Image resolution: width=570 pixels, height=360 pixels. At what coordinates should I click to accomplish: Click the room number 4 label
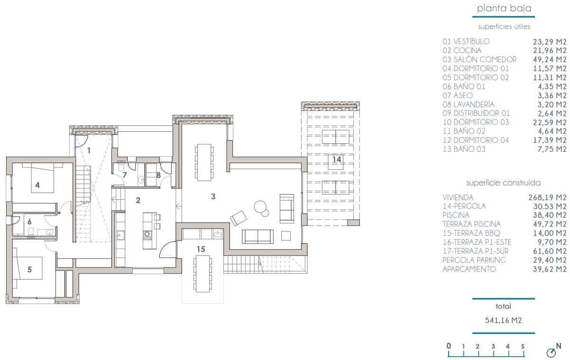coord(37,185)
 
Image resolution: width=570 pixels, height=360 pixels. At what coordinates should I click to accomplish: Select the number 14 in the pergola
coord(336,159)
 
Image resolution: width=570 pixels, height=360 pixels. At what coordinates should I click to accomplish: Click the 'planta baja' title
coord(504,8)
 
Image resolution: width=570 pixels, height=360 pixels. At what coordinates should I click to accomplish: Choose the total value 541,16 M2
coord(504,320)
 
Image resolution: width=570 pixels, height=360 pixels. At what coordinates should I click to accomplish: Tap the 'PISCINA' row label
coord(456,215)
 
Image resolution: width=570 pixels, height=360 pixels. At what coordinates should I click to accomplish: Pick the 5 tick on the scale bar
coord(523,347)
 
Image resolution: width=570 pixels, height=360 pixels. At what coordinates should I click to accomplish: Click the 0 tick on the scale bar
coord(449,347)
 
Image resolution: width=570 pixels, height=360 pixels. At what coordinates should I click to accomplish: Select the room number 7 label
coord(125,175)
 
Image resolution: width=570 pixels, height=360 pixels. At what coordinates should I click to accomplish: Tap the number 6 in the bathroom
coord(29,222)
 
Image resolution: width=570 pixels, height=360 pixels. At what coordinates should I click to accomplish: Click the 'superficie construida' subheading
coord(504,183)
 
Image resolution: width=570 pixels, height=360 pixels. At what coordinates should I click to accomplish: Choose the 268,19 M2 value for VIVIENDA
coord(548,197)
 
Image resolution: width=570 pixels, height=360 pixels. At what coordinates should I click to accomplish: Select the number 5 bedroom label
coord(29,269)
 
